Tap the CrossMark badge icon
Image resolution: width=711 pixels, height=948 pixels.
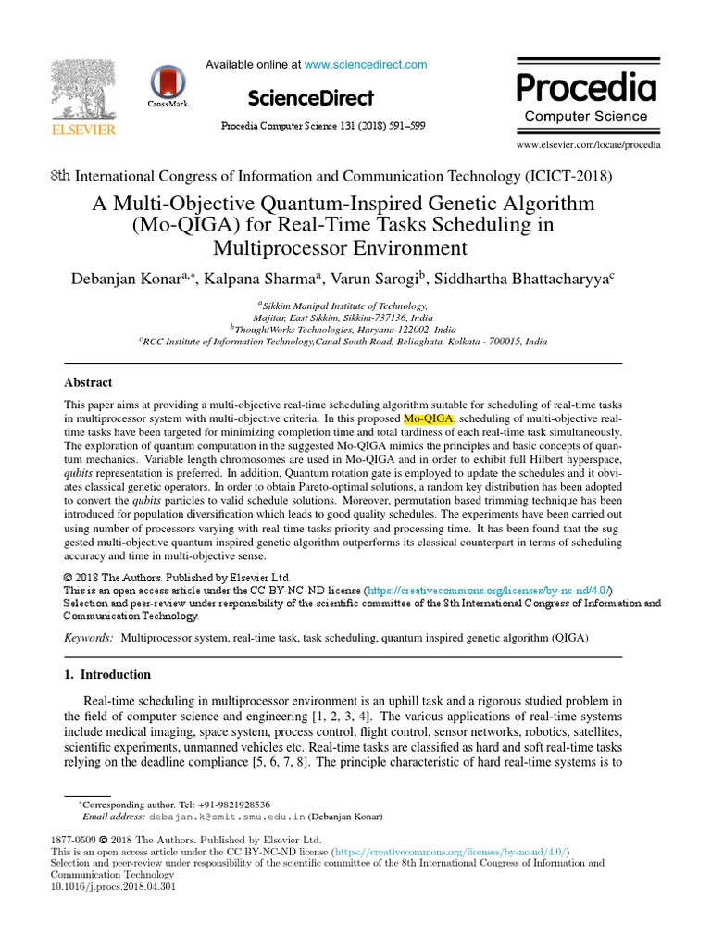[168, 82]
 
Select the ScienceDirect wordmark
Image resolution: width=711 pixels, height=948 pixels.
[311, 98]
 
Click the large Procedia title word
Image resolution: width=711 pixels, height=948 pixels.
[586, 88]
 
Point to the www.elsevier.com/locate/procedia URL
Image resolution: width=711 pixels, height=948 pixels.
[589, 145]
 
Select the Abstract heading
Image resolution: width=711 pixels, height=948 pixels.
[88, 382]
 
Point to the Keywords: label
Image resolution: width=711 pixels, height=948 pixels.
[89, 639]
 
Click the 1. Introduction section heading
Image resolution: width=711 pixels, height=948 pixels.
[107, 674]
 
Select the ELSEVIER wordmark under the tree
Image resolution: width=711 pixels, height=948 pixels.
[83, 131]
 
